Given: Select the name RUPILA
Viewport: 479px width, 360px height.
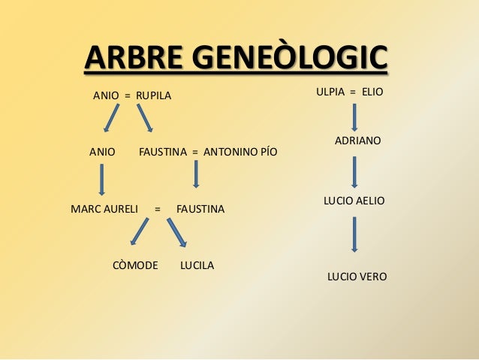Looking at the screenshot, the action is click(x=153, y=96).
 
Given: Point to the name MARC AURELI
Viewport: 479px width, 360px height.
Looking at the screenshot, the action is click(x=104, y=208).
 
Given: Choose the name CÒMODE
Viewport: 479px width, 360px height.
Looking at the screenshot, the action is click(x=135, y=265).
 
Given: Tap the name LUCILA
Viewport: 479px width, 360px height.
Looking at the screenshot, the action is click(x=197, y=265).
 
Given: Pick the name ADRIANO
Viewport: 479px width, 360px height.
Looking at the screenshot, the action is click(x=357, y=141).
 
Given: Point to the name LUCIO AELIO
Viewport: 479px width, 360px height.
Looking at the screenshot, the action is click(x=354, y=201).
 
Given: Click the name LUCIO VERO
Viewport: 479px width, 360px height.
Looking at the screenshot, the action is click(x=357, y=277).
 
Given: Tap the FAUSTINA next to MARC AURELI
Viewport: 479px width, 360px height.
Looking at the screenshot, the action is click(x=200, y=208).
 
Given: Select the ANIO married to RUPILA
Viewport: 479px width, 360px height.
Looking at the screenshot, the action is click(x=105, y=96).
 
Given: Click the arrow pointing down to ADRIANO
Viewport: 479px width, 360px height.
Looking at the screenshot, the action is click(x=354, y=117).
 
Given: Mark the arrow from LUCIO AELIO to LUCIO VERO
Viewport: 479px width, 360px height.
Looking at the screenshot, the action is click(x=354, y=234).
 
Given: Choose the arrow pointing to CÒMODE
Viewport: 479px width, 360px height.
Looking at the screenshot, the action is click(x=139, y=231).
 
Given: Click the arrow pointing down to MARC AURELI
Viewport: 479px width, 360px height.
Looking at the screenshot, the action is click(x=101, y=180).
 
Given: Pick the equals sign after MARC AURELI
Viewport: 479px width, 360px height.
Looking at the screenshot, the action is click(x=157, y=208).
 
